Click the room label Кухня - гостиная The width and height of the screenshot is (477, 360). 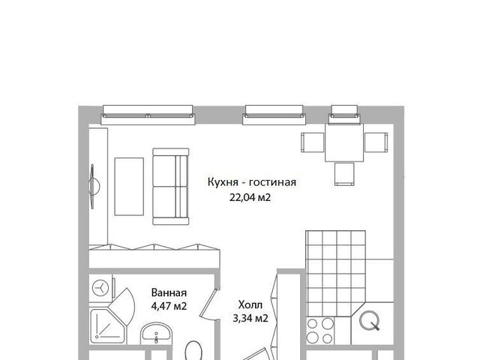tap(251, 182)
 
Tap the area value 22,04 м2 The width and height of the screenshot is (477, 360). tap(250, 198)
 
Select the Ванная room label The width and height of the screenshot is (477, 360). tap(169, 292)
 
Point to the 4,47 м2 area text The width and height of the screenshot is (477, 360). tap(169, 306)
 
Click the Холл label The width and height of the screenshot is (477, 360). tap(250, 304)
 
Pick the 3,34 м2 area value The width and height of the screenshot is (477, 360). tap(250, 318)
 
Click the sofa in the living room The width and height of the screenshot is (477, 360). tap(171, 187)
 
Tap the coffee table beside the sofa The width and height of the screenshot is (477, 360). tap(129, 187)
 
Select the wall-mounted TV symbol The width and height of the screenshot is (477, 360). tap(94, 187)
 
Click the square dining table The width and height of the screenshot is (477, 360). tap(344, 142)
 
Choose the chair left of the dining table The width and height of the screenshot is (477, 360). tap(313, 142)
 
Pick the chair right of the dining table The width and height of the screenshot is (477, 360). tap(376, 142)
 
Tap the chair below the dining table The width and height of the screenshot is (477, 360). tap(344, 174)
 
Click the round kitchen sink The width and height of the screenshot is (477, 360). tap(370, 320)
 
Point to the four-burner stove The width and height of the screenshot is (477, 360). tap(320, 331)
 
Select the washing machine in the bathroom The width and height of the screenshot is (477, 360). tap(100, 287)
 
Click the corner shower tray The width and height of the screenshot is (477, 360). tap(108, 326)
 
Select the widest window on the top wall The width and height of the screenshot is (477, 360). tap(148, 115)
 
